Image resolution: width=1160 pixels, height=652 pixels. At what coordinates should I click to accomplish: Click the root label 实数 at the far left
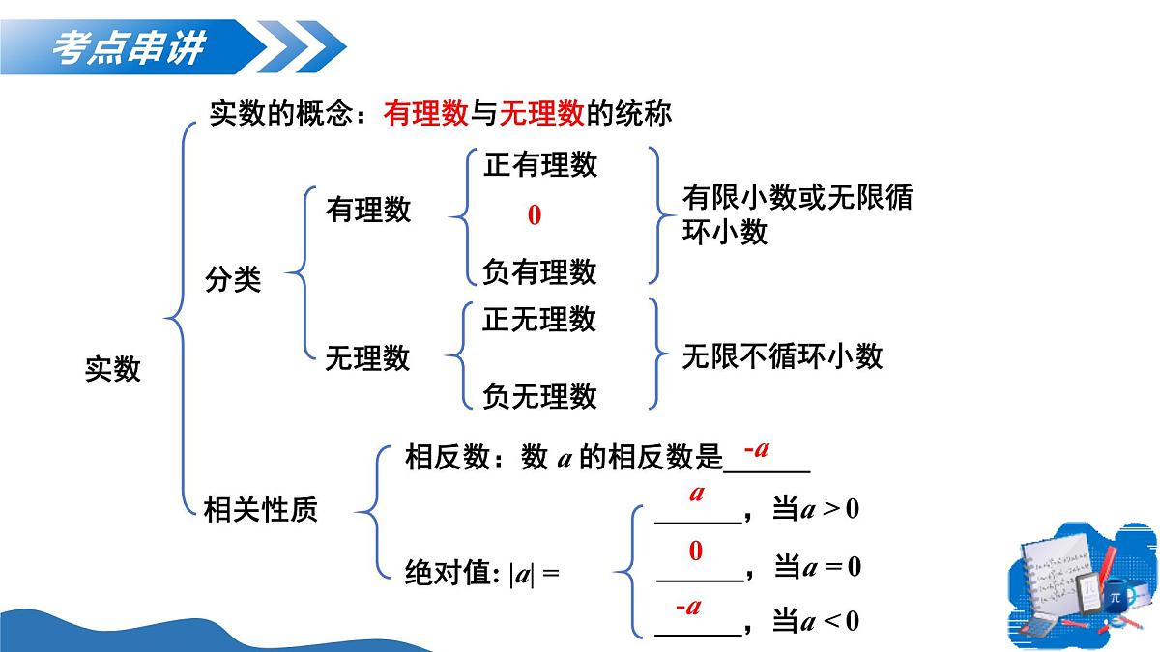pyautogui.click(x=113, y=369)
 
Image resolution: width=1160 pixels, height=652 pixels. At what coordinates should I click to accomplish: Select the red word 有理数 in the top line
pyautogui.click(x=425, y=114)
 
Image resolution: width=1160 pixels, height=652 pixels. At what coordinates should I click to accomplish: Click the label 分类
pyautogui.click(x=232, y=280)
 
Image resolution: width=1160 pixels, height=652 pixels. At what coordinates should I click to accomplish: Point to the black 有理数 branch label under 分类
pyautogui.click(x=367, y=210)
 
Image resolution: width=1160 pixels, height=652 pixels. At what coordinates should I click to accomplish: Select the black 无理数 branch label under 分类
pyautogui.click(x=367, y=358)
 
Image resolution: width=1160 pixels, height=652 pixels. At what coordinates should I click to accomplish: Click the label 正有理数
pyautogui.click(x=540, y=165)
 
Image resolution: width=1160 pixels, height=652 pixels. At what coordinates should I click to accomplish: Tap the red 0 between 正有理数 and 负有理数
pyautogui.click(x=534, y=215)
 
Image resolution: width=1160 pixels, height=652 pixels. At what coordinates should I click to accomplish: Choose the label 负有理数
pyautogui.click(x=540, y=271)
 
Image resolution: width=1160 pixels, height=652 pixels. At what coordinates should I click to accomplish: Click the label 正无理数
pyautogui.click(x=540, y=319)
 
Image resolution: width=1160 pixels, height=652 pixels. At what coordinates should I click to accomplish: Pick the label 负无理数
pyautogui.click(x=540, y=395)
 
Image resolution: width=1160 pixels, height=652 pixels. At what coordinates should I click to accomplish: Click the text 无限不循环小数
pyautogui.click(x=782, y=356)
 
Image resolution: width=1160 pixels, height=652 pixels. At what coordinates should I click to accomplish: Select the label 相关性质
pyautogui.click(x=261, y=509)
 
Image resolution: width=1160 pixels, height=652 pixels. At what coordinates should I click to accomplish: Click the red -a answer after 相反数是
pyautogui.click(x=756, y=449)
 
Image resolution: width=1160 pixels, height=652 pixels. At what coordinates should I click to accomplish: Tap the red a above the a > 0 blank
pyautogui.click(x=696, y=494)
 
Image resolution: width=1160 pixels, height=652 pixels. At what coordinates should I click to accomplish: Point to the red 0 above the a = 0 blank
pyautogui.click(x=695, y=552)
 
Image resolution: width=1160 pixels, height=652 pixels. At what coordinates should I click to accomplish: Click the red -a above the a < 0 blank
pyautogui.click(x=687, y=607)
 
